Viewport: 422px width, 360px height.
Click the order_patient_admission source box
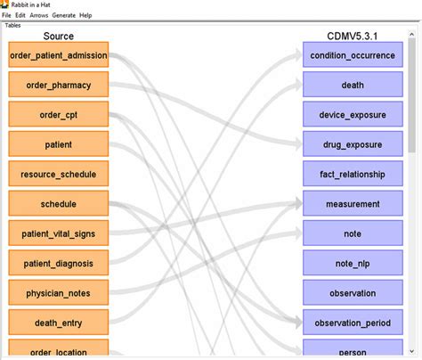point(58,55)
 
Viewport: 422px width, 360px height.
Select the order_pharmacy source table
point(58,85)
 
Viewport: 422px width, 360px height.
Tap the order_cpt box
point(58,115)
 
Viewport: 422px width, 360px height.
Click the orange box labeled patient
point(58,144)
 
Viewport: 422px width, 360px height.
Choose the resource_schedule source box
point(58,174)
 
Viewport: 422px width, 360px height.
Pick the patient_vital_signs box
point(58,233)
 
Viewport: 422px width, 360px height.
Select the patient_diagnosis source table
point(58,263)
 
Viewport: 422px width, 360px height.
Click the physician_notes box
point(58,292)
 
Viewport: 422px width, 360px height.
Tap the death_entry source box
point(58,322)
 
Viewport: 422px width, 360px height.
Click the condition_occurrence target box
point(352,55)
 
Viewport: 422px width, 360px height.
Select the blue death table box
point(352,85)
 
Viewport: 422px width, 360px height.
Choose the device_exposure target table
point(352,115)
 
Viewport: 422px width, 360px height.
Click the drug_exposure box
point(352,144)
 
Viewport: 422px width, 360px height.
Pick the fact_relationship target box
point(352,174)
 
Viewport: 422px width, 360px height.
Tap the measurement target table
point(352,204)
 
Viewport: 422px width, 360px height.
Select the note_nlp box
point(352,263)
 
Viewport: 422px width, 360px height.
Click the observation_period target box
point(352,322)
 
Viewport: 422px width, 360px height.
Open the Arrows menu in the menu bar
point(37,15)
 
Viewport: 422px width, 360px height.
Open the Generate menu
point(63,15)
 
